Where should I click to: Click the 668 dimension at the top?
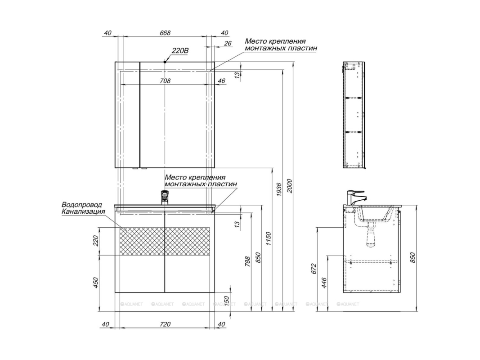165,33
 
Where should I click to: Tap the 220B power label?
180,50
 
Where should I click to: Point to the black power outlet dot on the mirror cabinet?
165,62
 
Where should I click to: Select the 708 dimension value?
165,81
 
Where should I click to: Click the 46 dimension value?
221,81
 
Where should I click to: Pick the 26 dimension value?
228,44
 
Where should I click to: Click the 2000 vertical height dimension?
290,186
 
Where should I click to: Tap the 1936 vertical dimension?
279,189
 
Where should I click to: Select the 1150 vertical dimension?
269,239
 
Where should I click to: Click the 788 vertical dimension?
248,261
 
